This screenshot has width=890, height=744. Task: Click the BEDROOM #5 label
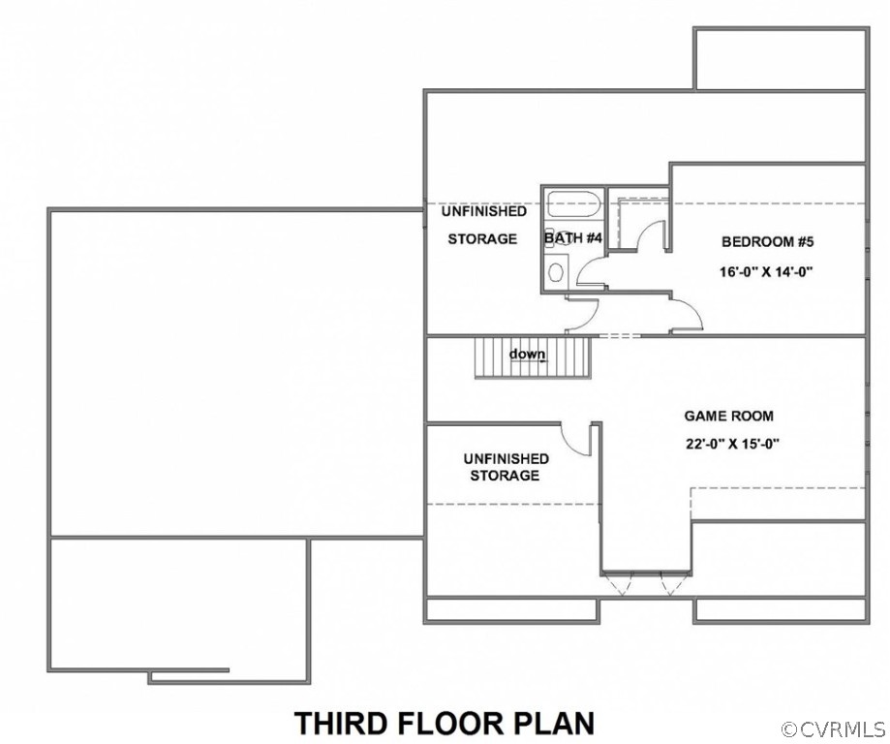pos(767,242)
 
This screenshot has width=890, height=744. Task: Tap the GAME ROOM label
pos(729,416)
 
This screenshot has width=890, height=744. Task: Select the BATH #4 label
pos(572,237)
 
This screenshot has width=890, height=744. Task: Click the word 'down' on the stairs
pos(527,355)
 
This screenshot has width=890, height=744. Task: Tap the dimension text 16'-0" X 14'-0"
pos(767,272)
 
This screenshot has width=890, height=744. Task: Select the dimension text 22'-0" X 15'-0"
pos(732,444)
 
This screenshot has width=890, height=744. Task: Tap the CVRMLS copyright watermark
pos(835,728)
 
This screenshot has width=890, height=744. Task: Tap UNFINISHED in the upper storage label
pos(484,211)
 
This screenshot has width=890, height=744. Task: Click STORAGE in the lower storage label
pos(505,475)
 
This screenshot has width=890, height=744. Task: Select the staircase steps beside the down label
pos(534,356)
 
